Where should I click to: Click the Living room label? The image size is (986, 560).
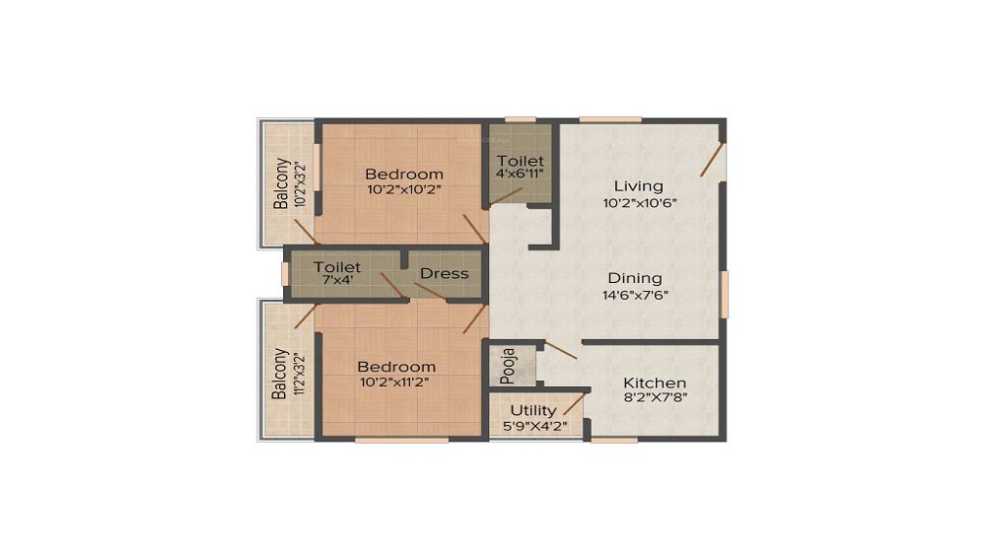(638, 186)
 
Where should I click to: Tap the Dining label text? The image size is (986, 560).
(634, 278)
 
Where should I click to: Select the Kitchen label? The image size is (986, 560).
(655, 383)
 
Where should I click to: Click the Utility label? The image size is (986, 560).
(533, 410)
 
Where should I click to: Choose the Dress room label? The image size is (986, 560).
(445, 273)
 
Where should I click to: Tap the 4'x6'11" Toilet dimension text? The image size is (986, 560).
(520, 174)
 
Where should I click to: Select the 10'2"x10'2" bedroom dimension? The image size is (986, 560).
(404, 189)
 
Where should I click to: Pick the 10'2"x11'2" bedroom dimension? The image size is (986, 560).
(396, 382)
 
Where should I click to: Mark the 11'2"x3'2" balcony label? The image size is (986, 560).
(297, 374)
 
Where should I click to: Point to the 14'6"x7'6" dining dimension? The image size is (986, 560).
(635, 295)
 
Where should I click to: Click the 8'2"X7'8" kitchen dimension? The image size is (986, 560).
(655, 399)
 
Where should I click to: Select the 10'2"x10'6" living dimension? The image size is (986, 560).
(639, 203)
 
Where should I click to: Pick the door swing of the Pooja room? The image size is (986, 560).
(560, 350)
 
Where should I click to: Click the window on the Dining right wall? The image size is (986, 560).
(724, 295)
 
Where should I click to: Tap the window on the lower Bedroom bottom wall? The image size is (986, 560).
(401, 440)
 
